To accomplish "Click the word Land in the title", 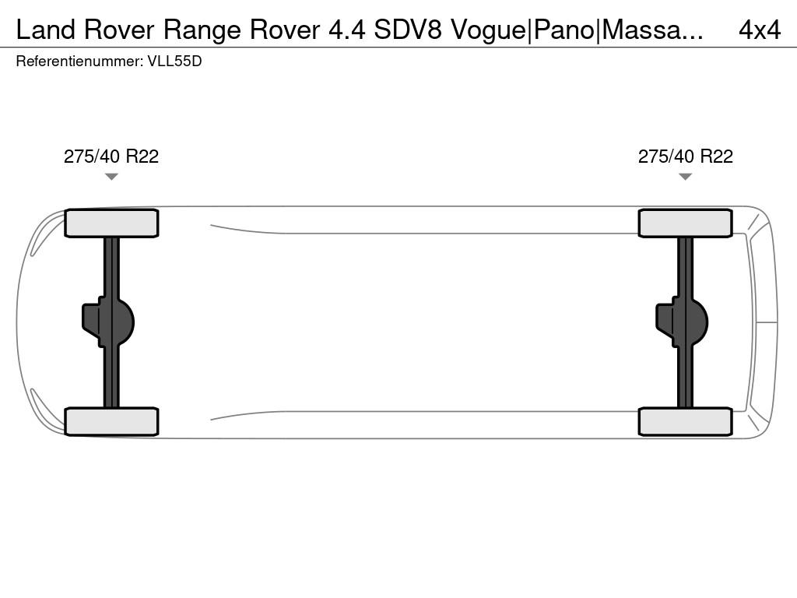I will click(x=45, y=30).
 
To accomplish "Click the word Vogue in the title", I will click(x=489, y=30).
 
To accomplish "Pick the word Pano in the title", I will click(x=563, y=30).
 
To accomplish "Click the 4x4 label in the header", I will click(x=759, y=30).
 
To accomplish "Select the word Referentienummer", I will click(x=79, y=62).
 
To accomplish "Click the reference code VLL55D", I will click(x=174, y=62).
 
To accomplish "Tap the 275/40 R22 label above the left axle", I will click(x=111, y=157).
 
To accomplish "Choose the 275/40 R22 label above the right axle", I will click(x=686, y=157).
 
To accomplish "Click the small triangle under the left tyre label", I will click(x=111, y=177).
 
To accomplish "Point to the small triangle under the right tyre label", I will click(x=686, y=177).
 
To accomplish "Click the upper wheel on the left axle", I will click(x=111, y=223).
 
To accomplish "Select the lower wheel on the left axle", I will click(x=111, y=421).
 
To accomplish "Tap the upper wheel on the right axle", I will click(x=686, y=223).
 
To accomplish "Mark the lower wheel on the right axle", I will click(x=686, y=421).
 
